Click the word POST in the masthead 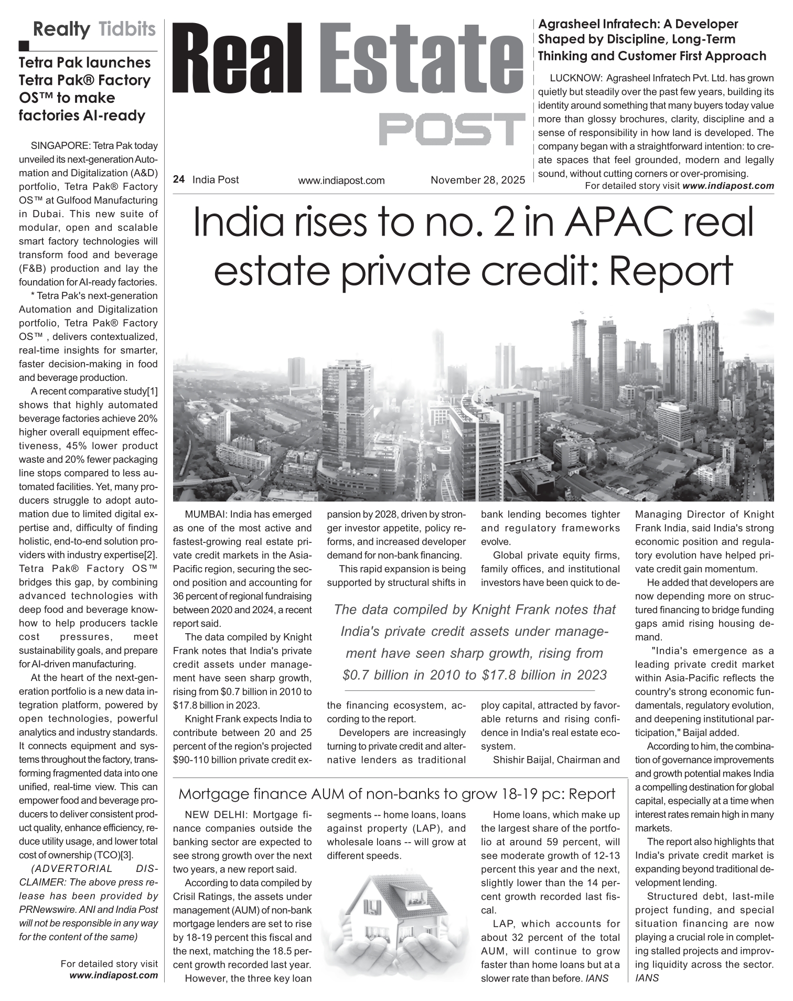point(452,129)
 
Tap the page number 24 point(178,179)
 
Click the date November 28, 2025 point(478,180)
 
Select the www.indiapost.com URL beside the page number point(341,180)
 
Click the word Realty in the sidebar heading point(61,29)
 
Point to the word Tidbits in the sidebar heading point(127,29)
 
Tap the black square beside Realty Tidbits point(24,46)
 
